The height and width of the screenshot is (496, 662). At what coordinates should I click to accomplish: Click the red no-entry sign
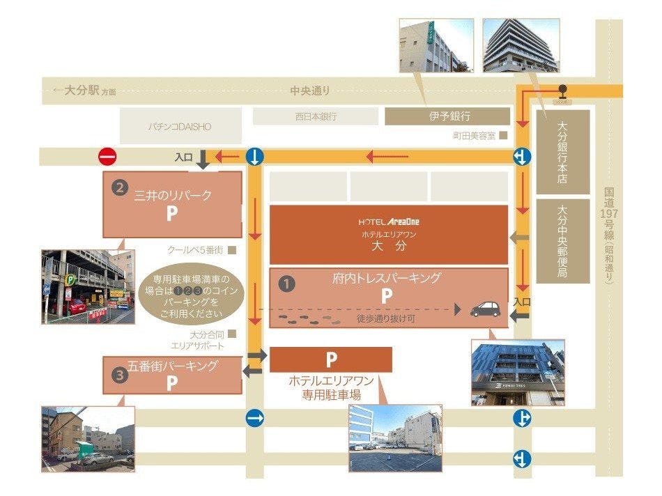coord(107,157)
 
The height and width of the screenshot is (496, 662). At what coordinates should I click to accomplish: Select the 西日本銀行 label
coord(315,116)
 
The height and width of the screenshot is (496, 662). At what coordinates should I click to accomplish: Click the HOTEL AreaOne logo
coord(389,222)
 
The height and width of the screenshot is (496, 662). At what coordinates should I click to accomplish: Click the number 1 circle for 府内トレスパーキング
coord(286,284)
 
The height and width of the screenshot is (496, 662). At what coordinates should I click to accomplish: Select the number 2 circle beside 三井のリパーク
coord(120,187)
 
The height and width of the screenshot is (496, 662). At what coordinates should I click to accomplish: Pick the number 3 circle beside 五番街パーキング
coord(120,373)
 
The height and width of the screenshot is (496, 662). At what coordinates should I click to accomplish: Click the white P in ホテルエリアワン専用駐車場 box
coord(331,359)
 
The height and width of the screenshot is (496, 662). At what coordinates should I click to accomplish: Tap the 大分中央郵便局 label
coord(562,240)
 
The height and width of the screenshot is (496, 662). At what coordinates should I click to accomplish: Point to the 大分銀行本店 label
coord(562,153)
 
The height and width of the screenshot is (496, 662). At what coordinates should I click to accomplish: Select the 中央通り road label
coord(310,91)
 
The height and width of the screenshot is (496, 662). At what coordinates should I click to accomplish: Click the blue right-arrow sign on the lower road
coord(255,418)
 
